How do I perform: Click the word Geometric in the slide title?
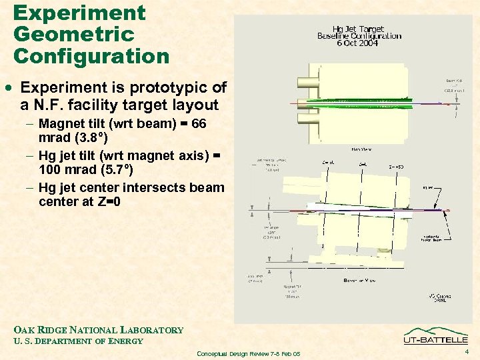point(73,33)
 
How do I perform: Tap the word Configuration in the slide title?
point(91,56)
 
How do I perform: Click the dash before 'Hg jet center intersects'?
point(29,187)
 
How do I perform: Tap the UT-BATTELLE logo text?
point(435,341)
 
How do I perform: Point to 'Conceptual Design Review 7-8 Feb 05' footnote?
point(249,353)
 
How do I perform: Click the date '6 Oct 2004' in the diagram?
point(358,43)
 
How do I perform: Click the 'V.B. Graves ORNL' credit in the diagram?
point(437,295)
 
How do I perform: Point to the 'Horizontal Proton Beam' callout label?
point(435,239)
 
